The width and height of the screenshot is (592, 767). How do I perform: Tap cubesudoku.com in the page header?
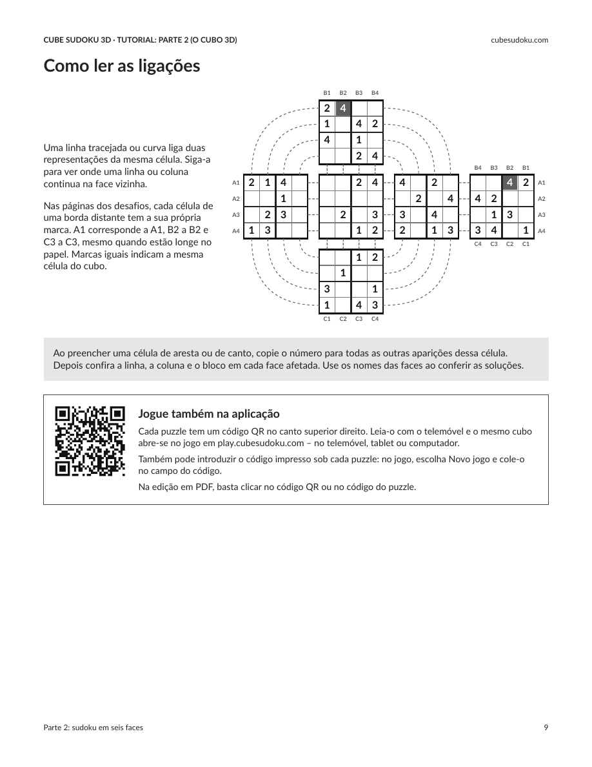pyautogui.click(x=519, y=40)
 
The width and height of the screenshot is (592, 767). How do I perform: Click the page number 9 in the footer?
pyautogui.click(x=546, y=728)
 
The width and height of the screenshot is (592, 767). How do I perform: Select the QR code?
pyautogui.click(x=90, y=441)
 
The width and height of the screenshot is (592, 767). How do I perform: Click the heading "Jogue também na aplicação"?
pyautogui.click(x=209, y=414)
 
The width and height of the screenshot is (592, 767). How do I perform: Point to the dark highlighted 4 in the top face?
pyautogui.click(x=343, y=108)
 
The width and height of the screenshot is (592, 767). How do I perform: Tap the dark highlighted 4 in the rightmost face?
pyautogui.click(x=510, y=183)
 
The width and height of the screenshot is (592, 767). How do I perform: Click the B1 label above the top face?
pyautogui.click(x=327, y=93)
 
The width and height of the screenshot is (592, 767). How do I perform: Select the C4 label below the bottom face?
pyautogui.click(x=375, y=319)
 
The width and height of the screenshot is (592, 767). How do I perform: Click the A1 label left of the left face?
pyautogui.click(x=236, y=183)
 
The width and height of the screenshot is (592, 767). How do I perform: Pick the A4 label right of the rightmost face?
pyautogui.click(x=542, y=231)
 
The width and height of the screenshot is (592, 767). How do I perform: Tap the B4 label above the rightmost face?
pyautogui.click(x=478, y=168)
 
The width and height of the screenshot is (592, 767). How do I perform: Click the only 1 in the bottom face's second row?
pyautogui.click(x=343, y=273)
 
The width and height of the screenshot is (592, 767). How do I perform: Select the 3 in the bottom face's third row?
pyautogui.click(x=327, y=289)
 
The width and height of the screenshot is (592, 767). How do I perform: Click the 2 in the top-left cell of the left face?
pyautogui.click(x=252, y=183)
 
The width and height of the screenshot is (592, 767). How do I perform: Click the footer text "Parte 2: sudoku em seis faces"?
pyautogui.click(x=94, y=728)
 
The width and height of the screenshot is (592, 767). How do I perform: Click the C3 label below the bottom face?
pyautogui.click(x=359, y=319)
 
